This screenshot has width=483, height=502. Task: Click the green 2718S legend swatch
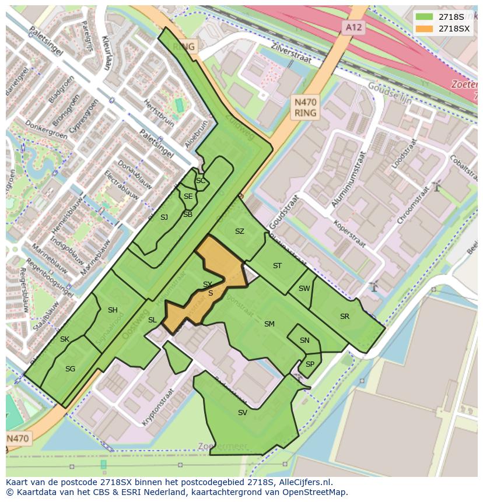coord(424,17)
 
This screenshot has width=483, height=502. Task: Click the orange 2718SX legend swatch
coord(424,29)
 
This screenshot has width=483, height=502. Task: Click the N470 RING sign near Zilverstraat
coord(305,107)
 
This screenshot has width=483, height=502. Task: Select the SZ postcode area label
coord(239,231)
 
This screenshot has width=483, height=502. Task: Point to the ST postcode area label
coord(277,266)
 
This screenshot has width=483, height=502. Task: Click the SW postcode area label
coord(304,289)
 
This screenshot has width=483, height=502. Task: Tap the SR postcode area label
coord(344,317)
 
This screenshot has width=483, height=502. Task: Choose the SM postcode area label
coord(269,324)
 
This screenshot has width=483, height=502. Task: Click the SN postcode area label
coord(304,340)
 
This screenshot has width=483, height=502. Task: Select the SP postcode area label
coord(310,364)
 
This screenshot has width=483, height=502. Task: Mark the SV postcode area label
coord(242,413)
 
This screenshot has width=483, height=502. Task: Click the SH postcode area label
coord(113,310)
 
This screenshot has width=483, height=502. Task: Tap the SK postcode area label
coord(64,339)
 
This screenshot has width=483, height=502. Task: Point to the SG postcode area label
coord(70,368)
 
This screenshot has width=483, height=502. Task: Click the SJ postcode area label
coord(164,217)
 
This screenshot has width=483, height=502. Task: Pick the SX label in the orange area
coord(207,285)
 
